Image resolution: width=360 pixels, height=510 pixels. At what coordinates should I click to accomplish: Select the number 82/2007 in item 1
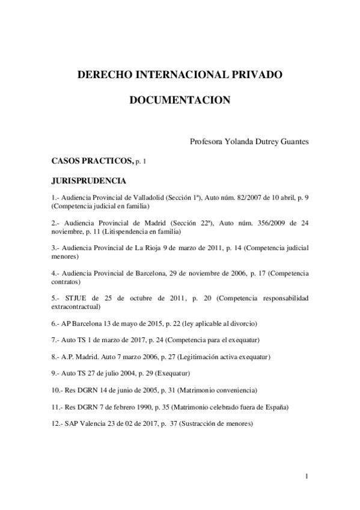click(x=239, y=197)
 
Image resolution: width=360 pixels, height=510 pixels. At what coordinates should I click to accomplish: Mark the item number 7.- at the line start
click(x=56, y=340)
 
